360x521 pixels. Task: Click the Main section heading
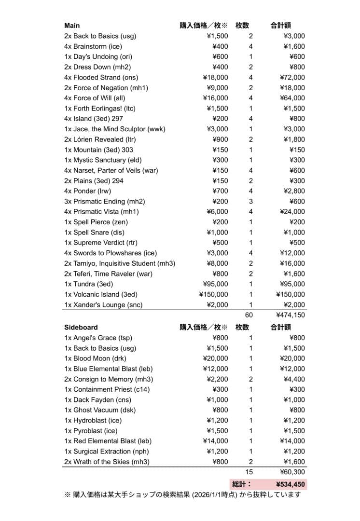click(72, 26)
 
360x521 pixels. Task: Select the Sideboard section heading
click(81, 327)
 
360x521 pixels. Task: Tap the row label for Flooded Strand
click(100, 77)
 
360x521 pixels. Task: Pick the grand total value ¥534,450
click(290, 484)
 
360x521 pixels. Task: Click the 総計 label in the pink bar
click(241, 484)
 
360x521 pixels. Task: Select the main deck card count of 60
click(249, 315)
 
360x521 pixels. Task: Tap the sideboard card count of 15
click(249, 472)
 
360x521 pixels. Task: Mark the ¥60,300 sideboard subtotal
click(292, 472)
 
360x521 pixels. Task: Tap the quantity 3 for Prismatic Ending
click(250, 201)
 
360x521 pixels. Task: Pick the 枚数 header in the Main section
click(242, 26)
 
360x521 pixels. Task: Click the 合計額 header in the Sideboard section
click(280, 327)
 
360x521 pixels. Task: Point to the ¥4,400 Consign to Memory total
click(294, 379)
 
